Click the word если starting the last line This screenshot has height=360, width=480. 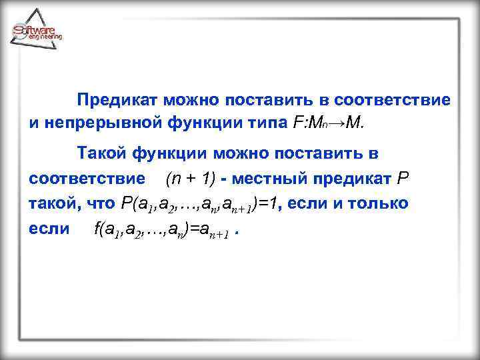click(49, 229)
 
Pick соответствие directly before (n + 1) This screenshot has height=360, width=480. click(87, 179)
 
